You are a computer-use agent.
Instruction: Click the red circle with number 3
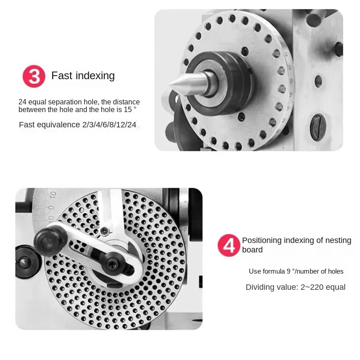point(34,76)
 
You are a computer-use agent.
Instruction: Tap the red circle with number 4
point(229,245)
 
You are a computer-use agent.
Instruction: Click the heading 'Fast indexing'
point(83,76)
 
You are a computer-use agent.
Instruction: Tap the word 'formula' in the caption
point(278,271)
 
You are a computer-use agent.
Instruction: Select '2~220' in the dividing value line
point(311,287)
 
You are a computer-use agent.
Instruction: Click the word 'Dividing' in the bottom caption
point(259,287)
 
